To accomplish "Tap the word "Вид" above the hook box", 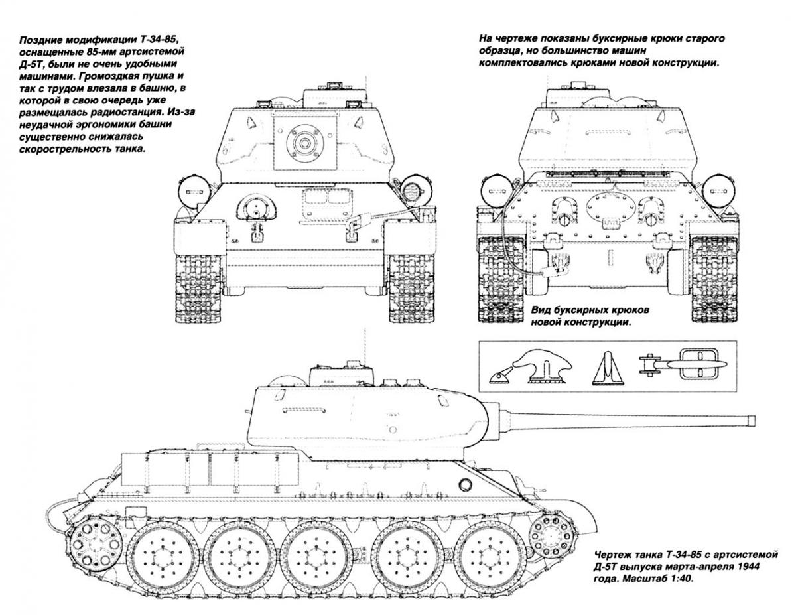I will click(x=543, y=310).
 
